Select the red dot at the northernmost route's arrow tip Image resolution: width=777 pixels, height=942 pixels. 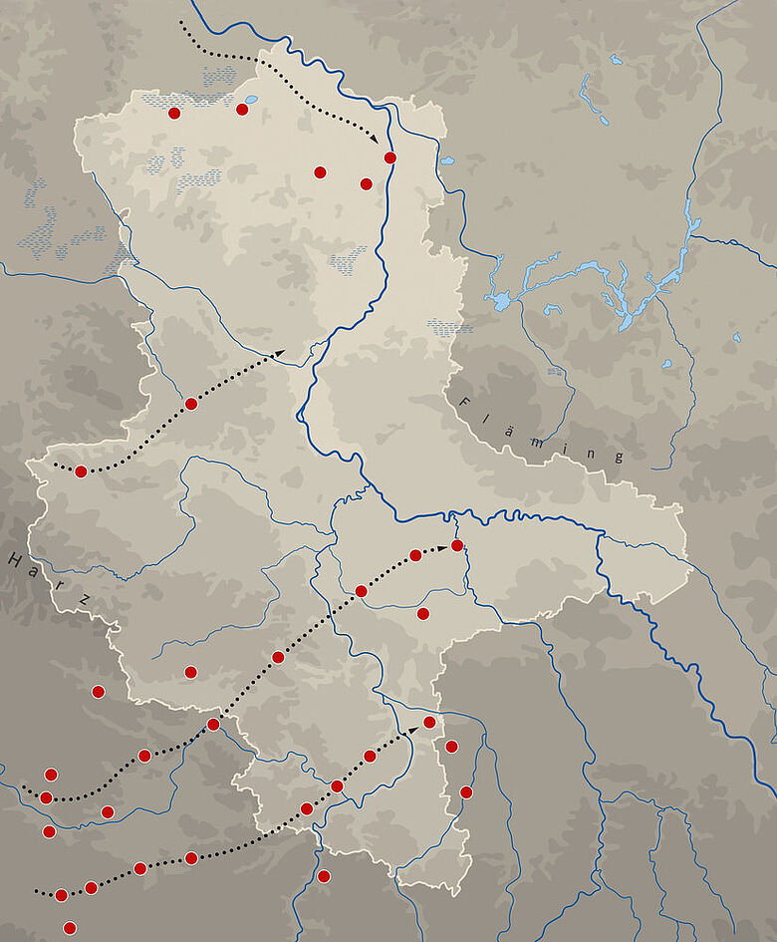(390, 157)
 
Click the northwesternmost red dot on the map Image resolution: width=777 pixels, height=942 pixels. (174, 113)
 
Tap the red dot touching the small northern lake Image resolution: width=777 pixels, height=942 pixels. (242, 109)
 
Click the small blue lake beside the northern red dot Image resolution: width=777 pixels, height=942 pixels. (250, 100)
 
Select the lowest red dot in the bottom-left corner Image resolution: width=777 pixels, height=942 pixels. (69, 928)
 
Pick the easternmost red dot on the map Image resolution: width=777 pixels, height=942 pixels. (466, 791)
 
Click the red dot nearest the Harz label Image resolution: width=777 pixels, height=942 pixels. (98, 691)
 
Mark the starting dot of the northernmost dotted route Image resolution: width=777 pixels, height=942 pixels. (182, 21)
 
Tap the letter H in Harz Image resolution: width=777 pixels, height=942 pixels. (15, 559)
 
